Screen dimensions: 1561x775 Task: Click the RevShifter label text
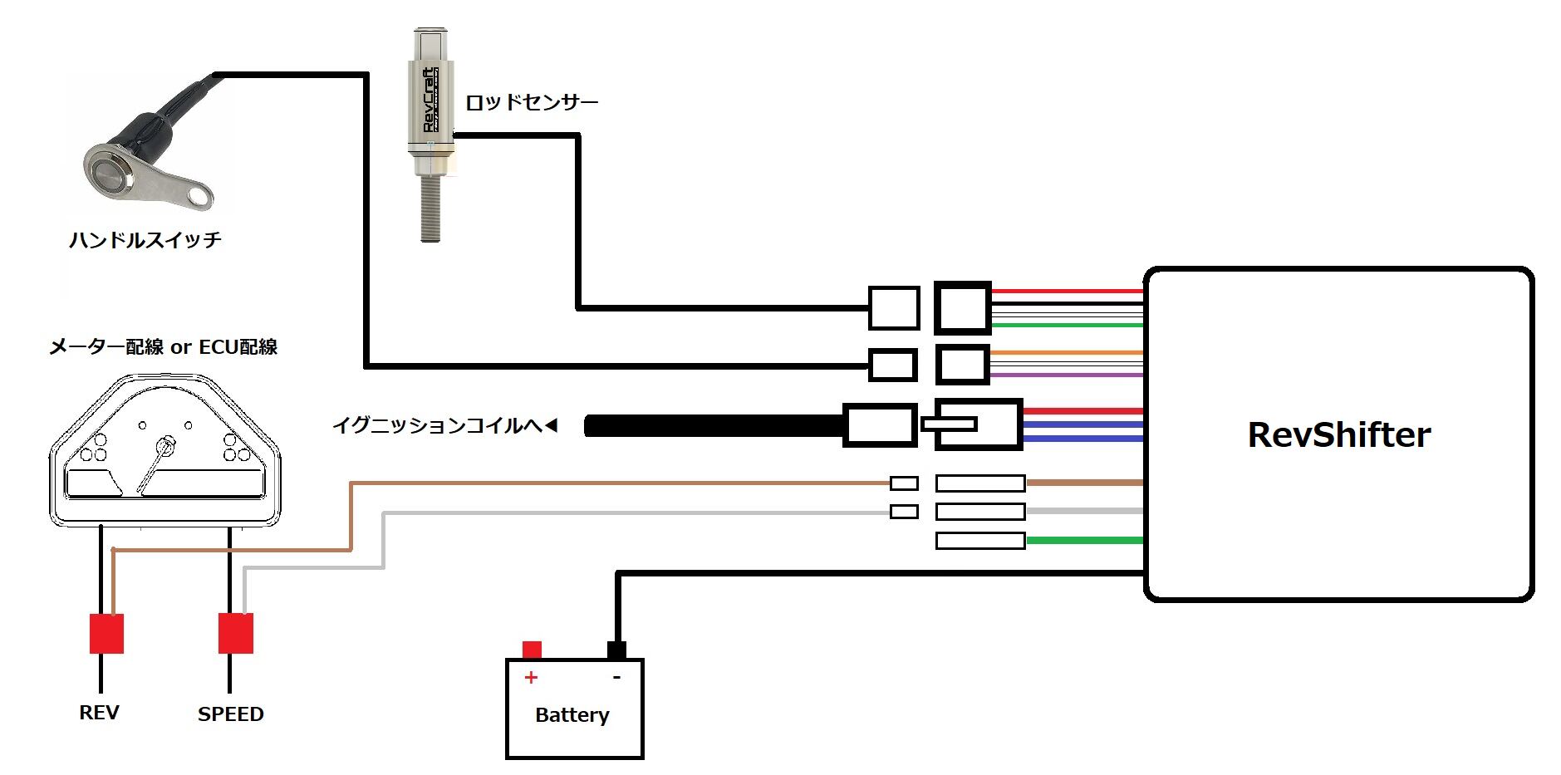pos(1339,434)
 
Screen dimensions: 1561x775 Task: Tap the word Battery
pos(572,714)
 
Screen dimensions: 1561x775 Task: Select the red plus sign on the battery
pos(531,677)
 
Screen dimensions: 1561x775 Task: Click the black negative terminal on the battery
pos(616,650)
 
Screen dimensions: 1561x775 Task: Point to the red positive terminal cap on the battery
pos(532,650)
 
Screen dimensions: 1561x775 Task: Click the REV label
pos(99,713)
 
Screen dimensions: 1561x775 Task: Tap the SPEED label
pos(230,714)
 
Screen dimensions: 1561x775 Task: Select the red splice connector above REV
pos(106,634)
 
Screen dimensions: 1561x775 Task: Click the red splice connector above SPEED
pos(236,634)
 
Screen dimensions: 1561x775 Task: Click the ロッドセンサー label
pos(532,102)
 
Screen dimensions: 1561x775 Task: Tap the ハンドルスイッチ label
pos(145,240)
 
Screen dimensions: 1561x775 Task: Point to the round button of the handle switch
pos(107,173)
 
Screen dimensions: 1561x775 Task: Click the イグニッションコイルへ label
pos(437,426)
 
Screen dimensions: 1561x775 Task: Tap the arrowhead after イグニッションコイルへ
pos(551,426)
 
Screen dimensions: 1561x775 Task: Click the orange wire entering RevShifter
pos(1067,353)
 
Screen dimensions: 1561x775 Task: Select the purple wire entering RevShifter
pos(1067,375)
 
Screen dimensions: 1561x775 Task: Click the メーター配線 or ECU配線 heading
pos(163,347)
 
